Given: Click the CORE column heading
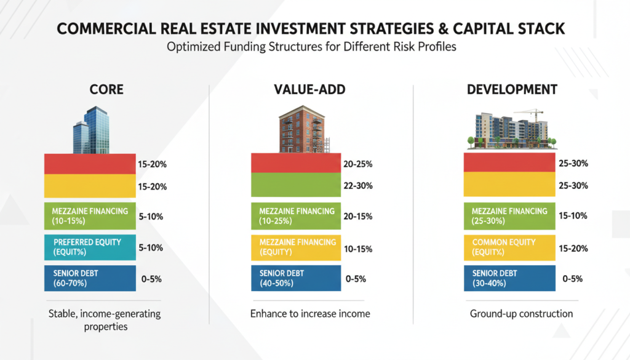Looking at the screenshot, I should click(x=106, y=90).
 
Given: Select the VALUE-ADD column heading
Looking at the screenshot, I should click(x=309, y=90).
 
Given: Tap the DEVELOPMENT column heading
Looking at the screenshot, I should click(x=512, y=90).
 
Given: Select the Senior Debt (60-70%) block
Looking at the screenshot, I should click(x=90, y=278).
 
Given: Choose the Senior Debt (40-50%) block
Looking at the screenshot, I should click(x=296, y=278).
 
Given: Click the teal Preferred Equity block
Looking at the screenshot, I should click(x=90, y=247).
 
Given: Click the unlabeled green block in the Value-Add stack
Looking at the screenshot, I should click(x=296, y=186).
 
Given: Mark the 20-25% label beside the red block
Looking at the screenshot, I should click(x=360, y=164).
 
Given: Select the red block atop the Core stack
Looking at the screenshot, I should click(x=90, y=164).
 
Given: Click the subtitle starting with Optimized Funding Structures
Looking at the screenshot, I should click(x=314, y=47).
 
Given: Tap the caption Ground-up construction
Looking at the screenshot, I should click(x=521, y=314).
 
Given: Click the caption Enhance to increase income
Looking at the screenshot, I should click(x=310, y=314).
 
